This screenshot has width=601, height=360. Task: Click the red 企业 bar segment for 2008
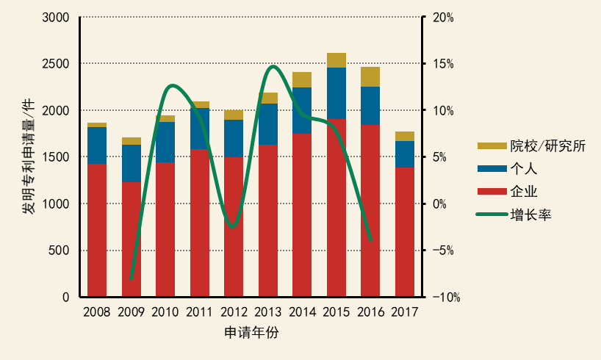pos(97,230)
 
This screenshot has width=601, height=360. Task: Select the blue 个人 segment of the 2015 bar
pos(337,93)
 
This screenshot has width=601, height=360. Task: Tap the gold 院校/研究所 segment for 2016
pos(370,76)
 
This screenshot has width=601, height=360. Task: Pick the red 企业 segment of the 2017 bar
pos(405,231)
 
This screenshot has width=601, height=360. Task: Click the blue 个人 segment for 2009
pos(132,163)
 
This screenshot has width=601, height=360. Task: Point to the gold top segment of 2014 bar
pos(302,79)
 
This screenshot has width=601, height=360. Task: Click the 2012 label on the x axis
pos(234,312)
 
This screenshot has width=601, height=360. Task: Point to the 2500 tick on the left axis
pos(57,64)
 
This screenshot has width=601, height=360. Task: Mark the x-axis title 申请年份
pos(251,333)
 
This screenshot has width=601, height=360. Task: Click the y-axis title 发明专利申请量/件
pos(28,157)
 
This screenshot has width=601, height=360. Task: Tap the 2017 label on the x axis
pos(405,312)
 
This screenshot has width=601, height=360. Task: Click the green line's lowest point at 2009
pos(132,279)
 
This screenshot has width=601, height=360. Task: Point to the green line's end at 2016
pos(371,240)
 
